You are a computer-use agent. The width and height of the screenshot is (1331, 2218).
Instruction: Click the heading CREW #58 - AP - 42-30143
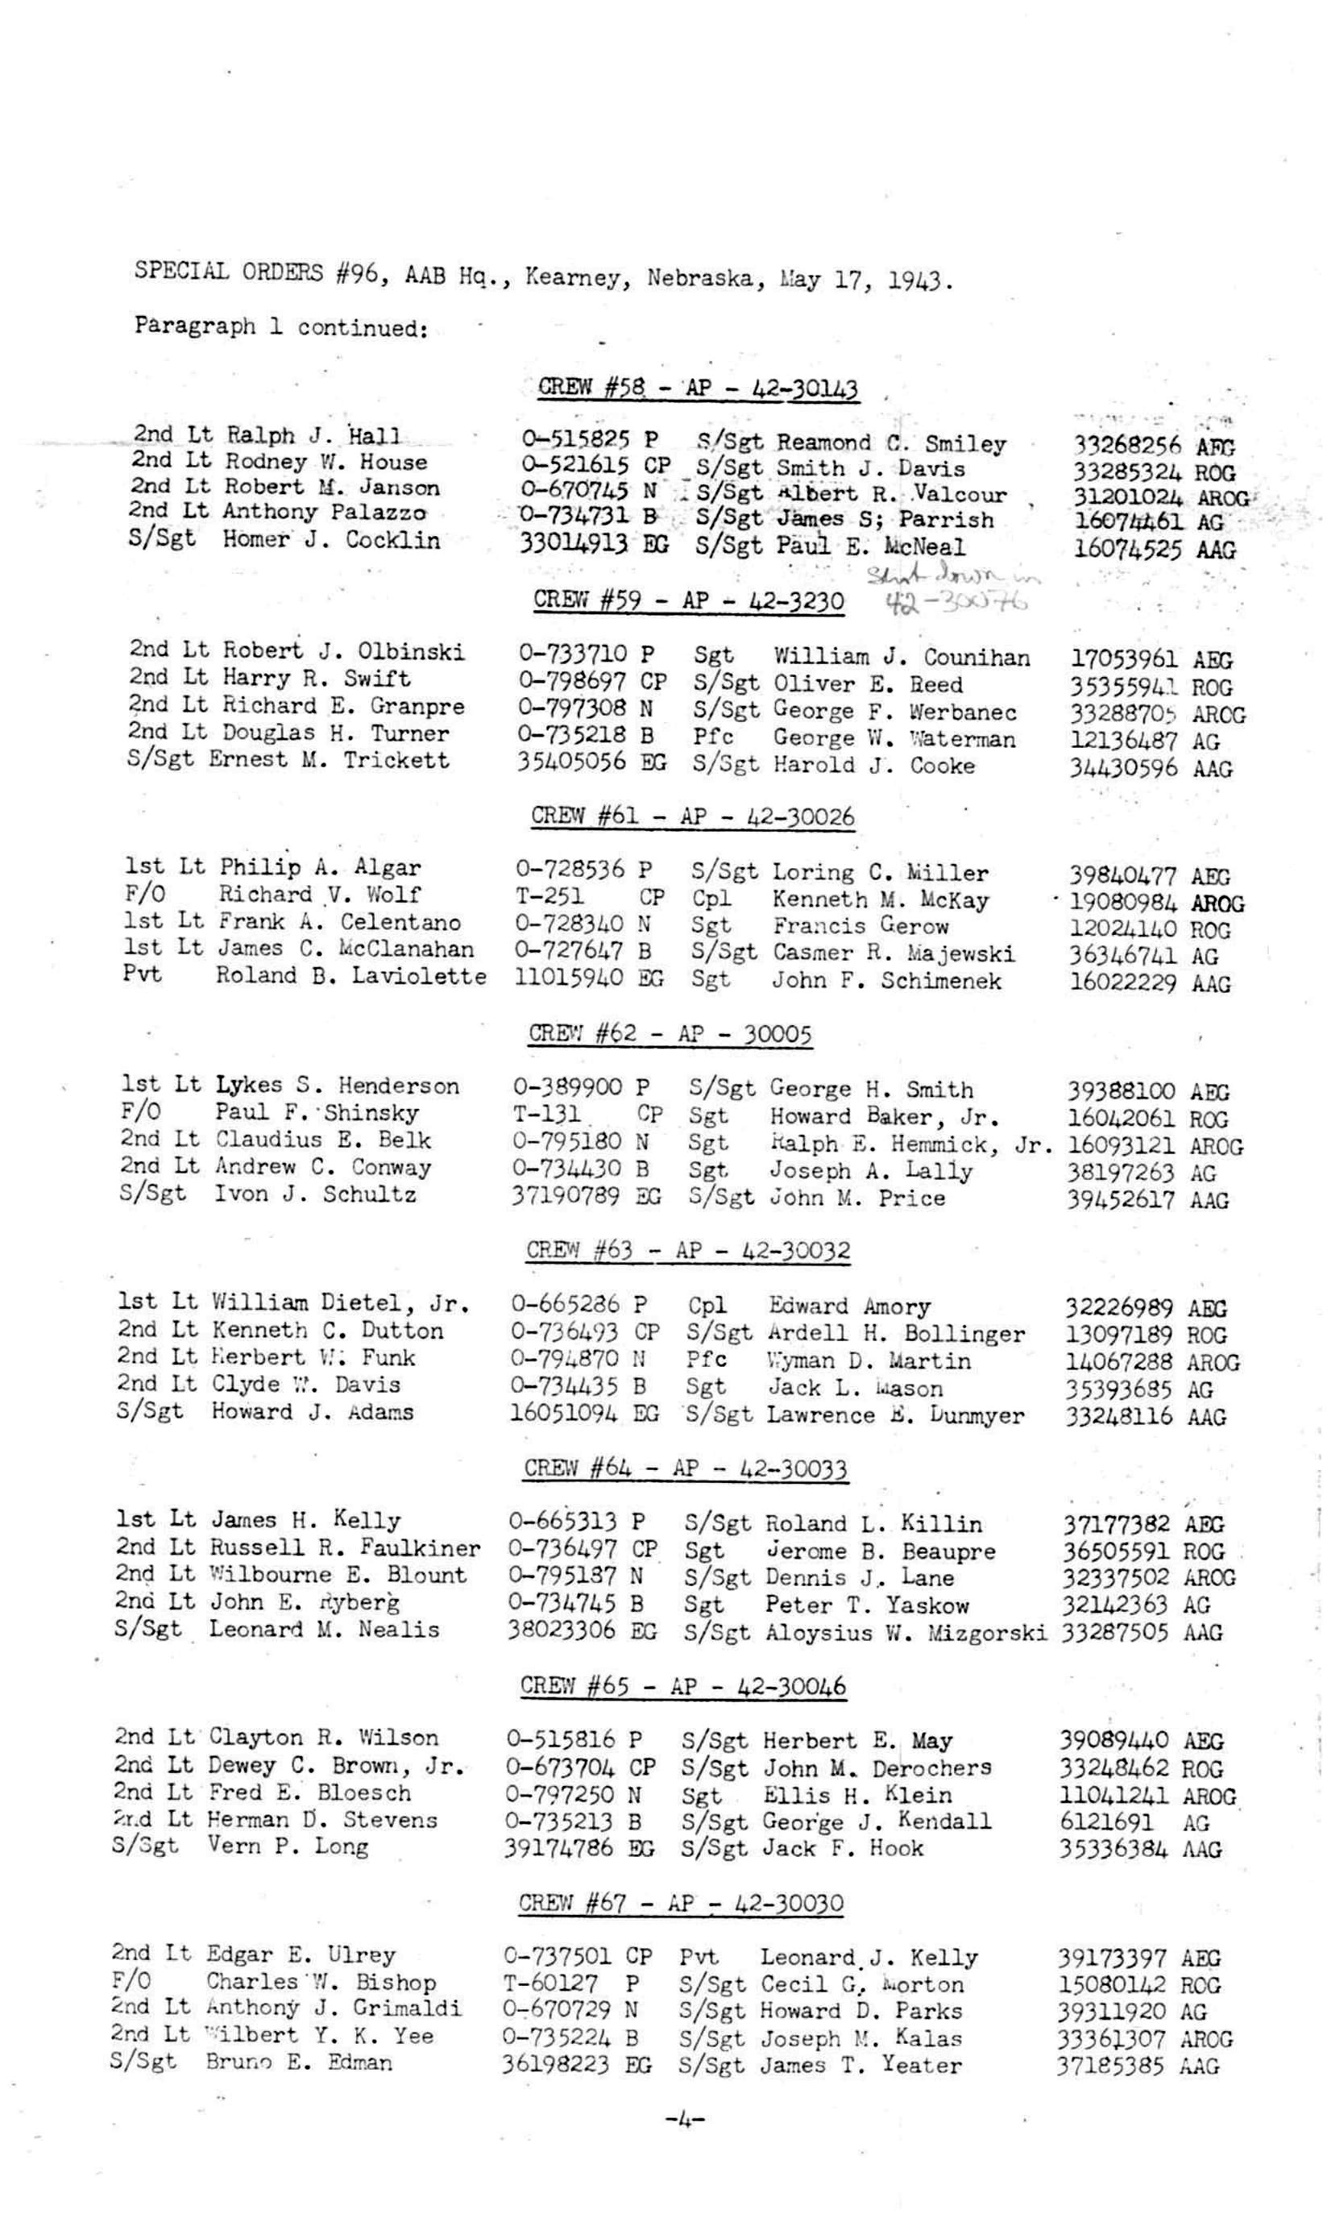pyautogui.click(x=698, y=388)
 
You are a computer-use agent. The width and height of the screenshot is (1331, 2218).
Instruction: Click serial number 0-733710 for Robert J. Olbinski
pyautogui.click(x=571, y=654)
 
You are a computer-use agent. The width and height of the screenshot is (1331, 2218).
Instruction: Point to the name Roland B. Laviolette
pyautogui.click(x=350, y=975)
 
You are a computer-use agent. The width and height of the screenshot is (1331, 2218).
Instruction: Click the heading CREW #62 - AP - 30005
pyautogui.click(x=670, y=1033)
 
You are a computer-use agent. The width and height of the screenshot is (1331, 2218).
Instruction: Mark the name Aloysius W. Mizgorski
pyautogui.click(x=906, y=1632)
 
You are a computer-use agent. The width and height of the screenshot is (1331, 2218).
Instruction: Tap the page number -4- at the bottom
pyautogui.click(x=684, y=2120)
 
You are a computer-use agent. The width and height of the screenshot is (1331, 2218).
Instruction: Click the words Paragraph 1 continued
pyautogui.click(x=280, y=326)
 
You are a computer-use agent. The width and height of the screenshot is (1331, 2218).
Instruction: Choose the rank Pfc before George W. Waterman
pyautogui.click(x=713, y=737)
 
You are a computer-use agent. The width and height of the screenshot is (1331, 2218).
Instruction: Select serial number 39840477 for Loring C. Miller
pyautogui.click(x=1126, y=874)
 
